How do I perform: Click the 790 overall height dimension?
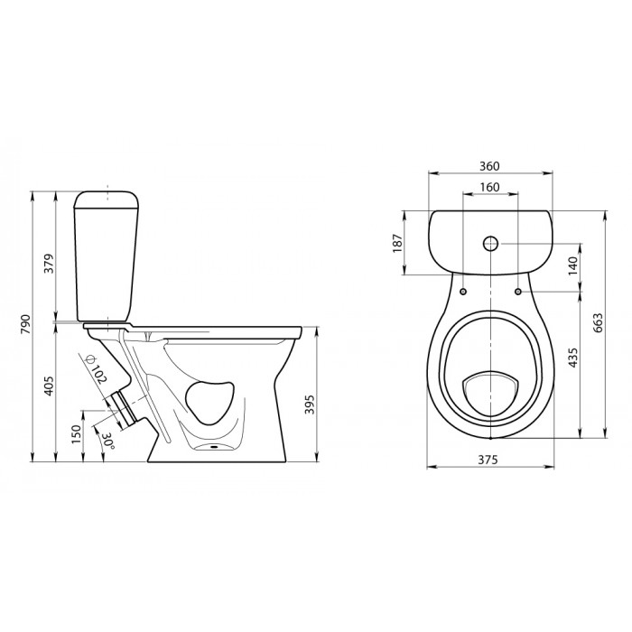click(25, 323)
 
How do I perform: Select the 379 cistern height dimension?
click(49, 264)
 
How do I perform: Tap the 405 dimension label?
click(49, 386)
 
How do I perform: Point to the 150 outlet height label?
click(77, 435)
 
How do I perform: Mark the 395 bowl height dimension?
click(309, 404)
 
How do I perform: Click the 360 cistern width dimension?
click(489, 166)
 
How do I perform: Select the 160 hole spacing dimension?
click(489, 187)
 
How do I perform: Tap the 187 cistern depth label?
click(397, 243)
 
